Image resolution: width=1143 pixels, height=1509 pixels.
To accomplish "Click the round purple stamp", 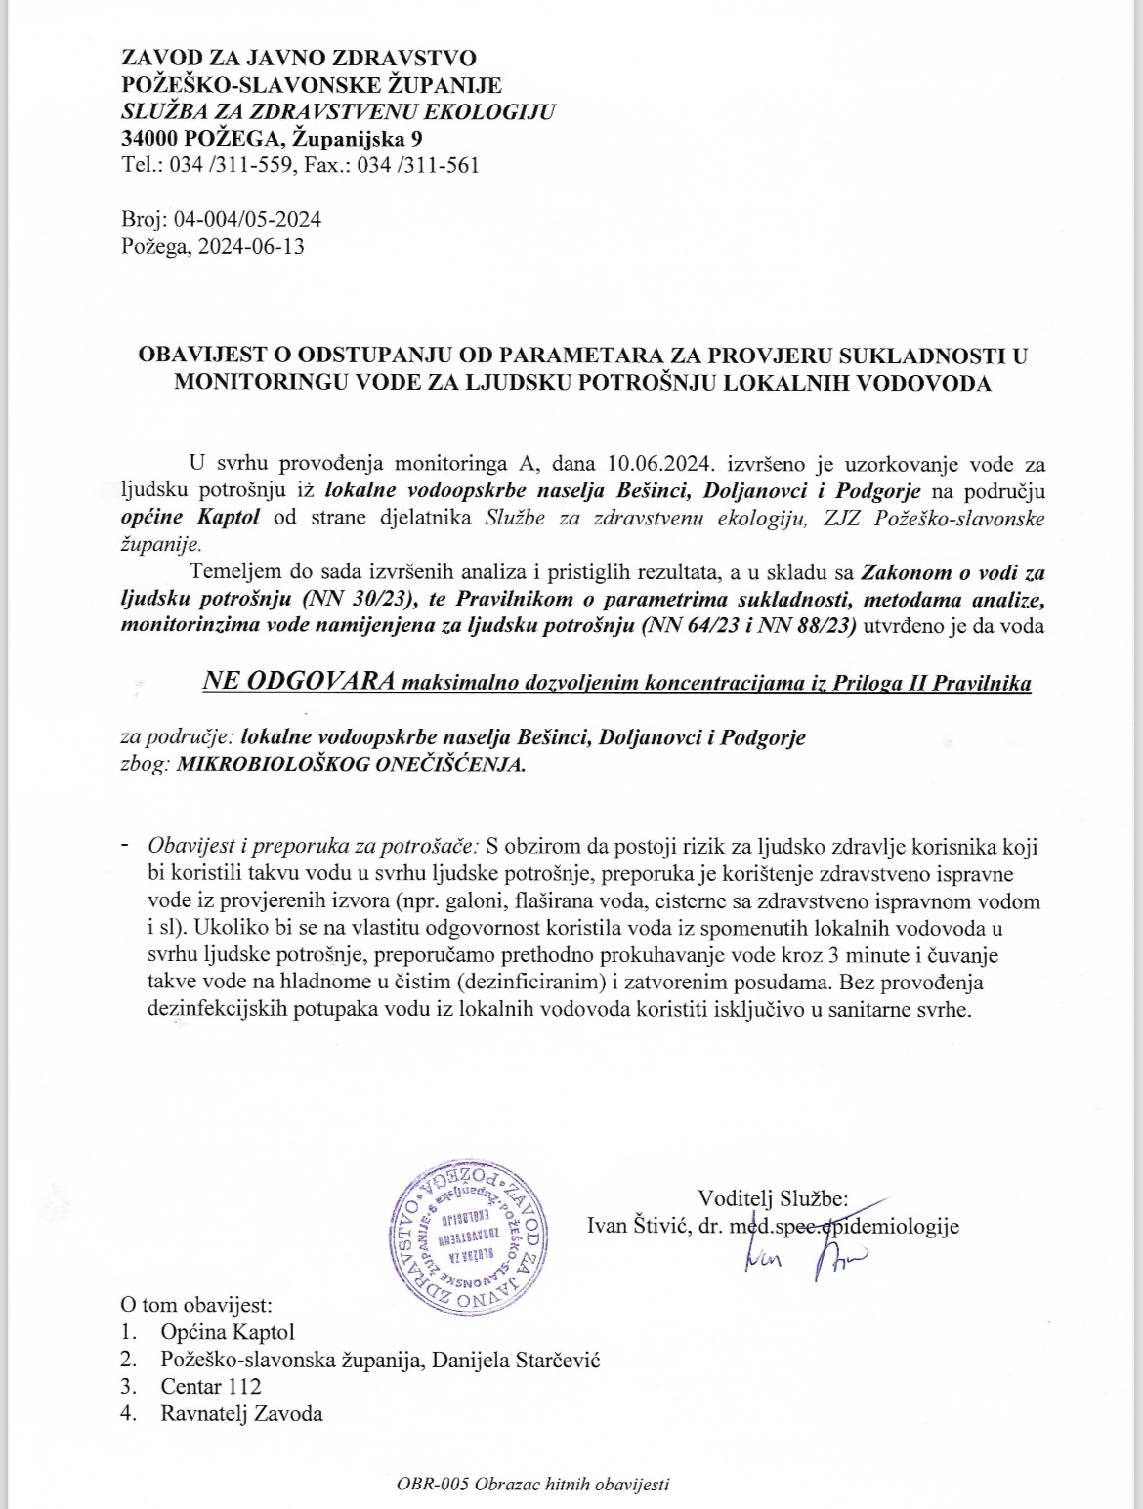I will point(467,1236).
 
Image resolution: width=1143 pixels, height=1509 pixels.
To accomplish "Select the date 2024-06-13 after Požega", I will point(253,246).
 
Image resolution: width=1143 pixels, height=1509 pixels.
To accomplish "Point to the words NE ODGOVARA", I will point(297,682).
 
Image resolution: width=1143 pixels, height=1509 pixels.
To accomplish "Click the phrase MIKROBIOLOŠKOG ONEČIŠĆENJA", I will point(351,766).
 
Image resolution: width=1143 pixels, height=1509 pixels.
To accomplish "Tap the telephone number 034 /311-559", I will point(231,165).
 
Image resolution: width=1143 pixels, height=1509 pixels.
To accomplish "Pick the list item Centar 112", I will point(211,1386).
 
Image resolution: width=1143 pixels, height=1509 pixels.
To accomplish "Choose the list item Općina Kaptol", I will point(228,1331).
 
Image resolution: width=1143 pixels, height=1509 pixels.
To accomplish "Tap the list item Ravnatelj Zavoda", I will point(241,1413).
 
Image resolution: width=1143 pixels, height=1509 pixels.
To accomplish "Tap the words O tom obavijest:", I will point(196,1304).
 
